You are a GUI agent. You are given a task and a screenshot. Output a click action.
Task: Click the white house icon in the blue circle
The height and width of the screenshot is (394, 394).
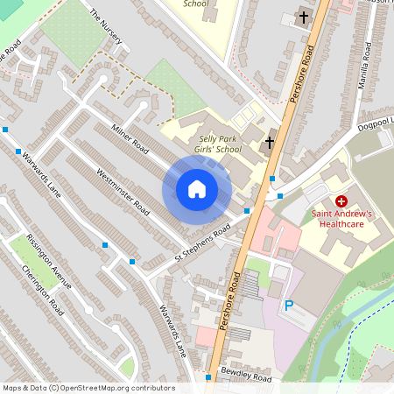point(197,189)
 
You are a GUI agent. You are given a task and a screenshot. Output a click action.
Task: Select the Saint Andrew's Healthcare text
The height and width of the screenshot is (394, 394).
point(342,218)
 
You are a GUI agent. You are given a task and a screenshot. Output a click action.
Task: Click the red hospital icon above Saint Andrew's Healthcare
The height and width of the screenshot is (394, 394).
point(341,201)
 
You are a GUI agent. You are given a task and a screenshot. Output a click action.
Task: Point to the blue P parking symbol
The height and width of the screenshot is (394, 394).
point(289,306)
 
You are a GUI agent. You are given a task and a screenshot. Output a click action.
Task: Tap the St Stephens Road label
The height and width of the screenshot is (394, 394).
point(201,243)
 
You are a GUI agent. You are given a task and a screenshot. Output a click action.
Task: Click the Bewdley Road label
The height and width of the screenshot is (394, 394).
point(248,375)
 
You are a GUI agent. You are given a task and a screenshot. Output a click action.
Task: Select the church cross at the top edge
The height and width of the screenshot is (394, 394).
point(304,17)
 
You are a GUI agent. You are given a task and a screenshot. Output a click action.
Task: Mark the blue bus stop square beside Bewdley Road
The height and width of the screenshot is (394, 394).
point(208,377)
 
